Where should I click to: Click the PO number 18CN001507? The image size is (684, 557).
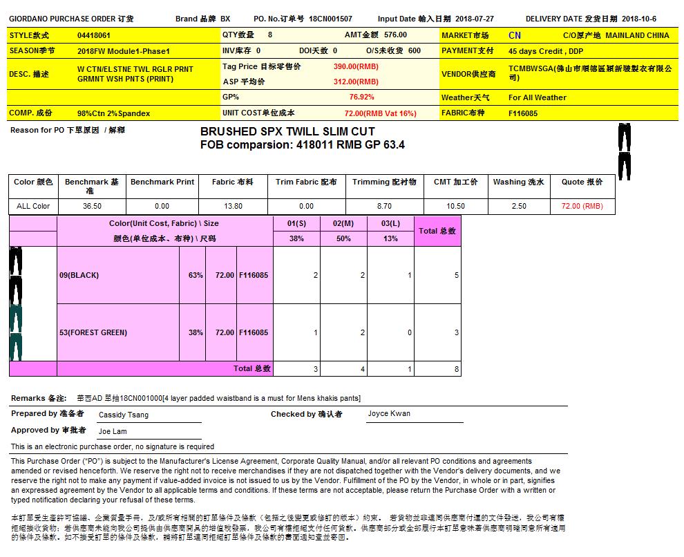330,19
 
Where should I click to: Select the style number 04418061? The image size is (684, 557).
93,35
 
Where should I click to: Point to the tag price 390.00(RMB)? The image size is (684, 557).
356,66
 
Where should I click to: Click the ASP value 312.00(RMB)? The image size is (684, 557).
356,82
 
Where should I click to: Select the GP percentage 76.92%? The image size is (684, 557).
361,97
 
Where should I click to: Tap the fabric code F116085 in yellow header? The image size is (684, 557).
523,113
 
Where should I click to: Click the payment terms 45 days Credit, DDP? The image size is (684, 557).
546,51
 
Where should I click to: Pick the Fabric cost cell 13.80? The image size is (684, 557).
232,206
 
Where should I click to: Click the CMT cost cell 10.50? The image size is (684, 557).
455,206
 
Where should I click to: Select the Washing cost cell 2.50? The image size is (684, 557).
518,206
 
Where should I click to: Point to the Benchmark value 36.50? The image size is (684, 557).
92,206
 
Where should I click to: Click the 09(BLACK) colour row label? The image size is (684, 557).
79,275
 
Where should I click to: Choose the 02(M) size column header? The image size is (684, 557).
343,223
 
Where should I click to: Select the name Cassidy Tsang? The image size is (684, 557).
124,415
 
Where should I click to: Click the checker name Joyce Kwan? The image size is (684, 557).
389,413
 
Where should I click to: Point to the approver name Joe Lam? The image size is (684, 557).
113,431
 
